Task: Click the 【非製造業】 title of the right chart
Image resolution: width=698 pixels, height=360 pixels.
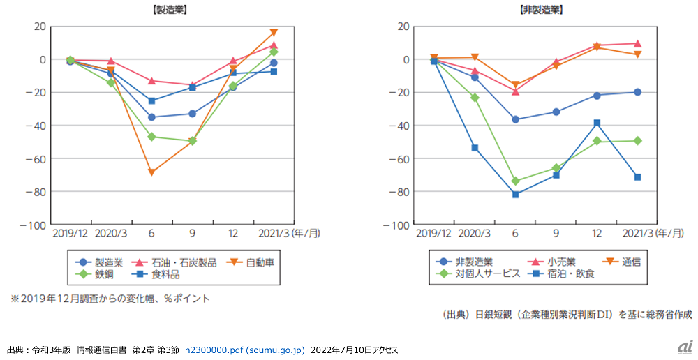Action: (542, 10)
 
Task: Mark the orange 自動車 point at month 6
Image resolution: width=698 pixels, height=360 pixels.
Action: (151, 172)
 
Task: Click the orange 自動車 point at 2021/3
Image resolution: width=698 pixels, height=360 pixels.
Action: (274, 33)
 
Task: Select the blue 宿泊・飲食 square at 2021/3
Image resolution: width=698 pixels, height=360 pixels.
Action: (637, 177)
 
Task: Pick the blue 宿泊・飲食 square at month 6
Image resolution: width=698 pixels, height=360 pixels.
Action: (515, 195)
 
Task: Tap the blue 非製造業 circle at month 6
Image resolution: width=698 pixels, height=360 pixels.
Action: (515, 119)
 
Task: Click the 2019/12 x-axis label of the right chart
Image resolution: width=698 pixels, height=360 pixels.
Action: (434, 234)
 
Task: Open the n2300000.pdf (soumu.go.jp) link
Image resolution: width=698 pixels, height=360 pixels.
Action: (244, 350)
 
